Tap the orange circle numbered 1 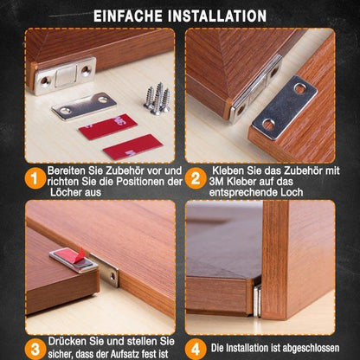(x=34, y=180)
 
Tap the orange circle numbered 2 (x=196, y=180)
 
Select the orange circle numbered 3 (x=34, y=349)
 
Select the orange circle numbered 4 (x=196, y=349)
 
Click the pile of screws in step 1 (x=157, y=98)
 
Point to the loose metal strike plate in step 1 (x=83, y=106)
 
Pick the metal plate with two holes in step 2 (x=288, y=106)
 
